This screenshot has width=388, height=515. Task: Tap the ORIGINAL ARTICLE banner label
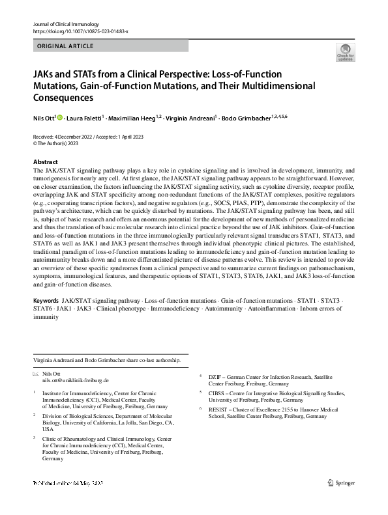pyautogui.click(x=65, y=46)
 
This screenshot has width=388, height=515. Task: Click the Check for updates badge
pyautogui.click(x=344, y=53)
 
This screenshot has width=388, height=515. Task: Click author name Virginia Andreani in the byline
pyautogui.click(x=189, y=118)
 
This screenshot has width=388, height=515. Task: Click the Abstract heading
pyautogui.click(x=45, y=161)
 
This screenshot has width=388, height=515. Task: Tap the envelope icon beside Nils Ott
pyautogui.click(x=36, y=373)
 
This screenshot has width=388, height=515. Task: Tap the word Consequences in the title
pyautogui.click(x=63, y=98)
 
